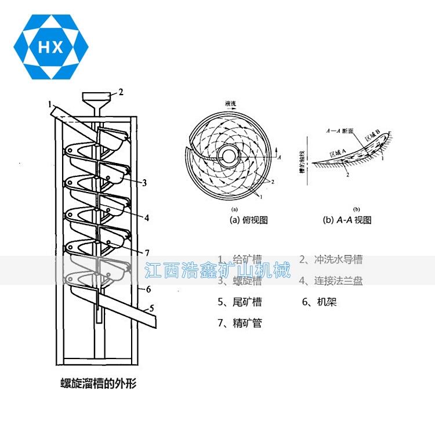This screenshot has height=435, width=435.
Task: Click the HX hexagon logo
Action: click(50, 47)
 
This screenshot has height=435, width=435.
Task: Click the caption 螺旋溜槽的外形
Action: click(98, 383)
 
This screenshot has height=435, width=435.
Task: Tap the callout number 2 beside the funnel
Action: click(121, 92)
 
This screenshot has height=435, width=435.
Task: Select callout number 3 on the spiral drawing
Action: click(144, 183)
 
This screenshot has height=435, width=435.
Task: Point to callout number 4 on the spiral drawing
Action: click(147, 218)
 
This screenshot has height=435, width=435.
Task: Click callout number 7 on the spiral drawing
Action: click(147, 253)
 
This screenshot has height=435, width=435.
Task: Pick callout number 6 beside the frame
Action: click(148, 289)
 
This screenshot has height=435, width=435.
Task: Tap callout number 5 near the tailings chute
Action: click(152, 309)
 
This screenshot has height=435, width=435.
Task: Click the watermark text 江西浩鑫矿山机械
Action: click(217, 270)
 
